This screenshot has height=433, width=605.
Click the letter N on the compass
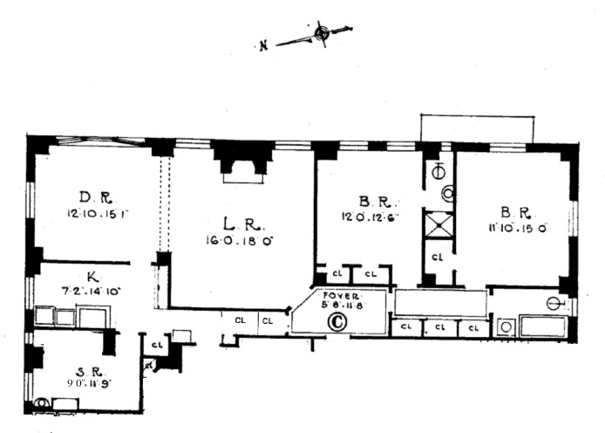point(262,46)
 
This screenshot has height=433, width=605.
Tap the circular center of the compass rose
point(322,34)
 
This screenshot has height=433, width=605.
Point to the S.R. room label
point(74,368)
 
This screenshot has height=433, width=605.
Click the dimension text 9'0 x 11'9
point(74,381)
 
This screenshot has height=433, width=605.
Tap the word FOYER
point(336,296)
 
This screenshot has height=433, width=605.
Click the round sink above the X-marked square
point(448,196)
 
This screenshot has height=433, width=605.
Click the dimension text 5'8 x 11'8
point(337,306)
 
